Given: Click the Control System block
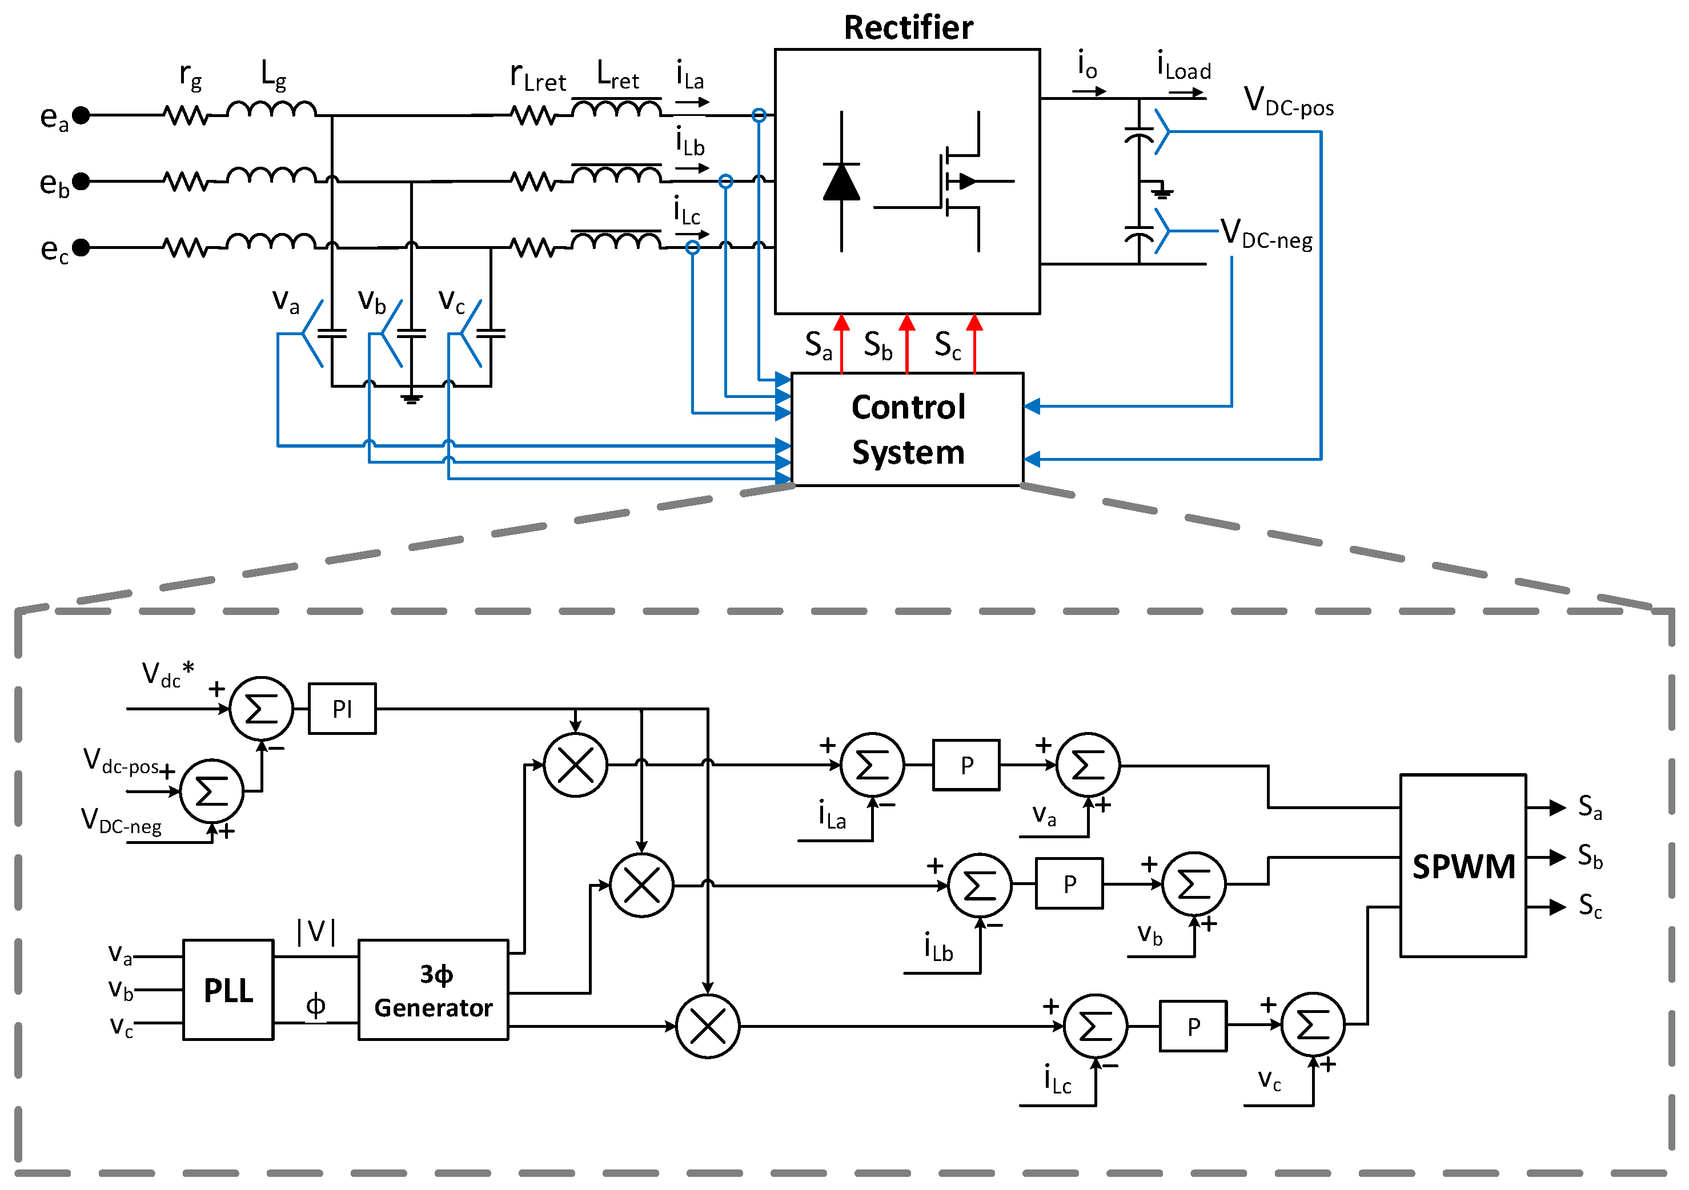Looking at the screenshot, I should [x=907, y=429].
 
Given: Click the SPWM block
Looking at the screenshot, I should [x=1462, y=866].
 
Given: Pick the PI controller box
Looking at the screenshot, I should [x=342, y=708].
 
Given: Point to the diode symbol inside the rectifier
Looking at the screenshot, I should [x=841, y=182].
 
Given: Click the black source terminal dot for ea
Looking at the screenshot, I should [x=82, y=115].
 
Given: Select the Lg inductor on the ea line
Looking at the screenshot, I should [x=271, y=110].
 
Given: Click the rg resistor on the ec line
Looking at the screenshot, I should [x=186, y=248].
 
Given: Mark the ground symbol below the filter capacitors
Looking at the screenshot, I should [x=411, y=398].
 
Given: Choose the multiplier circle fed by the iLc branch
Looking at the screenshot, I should [x=708, y=1026].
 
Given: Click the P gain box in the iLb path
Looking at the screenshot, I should [x=1069, y=883].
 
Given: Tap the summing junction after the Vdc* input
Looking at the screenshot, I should [x=261, y=708].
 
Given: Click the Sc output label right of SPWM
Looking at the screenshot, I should [x=1590, y=906].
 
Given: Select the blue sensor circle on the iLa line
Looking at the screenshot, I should [x=759, y=115].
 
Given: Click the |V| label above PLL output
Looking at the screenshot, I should [x=316, y=931].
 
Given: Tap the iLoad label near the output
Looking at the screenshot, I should [x=1183, y=66].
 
